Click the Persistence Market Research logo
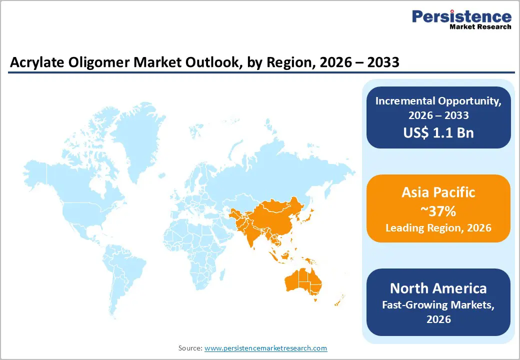[x=461, y=20]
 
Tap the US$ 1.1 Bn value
[x=438, y=132]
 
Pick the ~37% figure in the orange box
[x=438, y=211]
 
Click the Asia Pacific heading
[x=438, y=192]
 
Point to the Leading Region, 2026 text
[x=438, y=228]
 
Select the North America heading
[x=438, y=288]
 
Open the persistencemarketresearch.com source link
[x=265, y=348]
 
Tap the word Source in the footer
[x=190, y=348]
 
